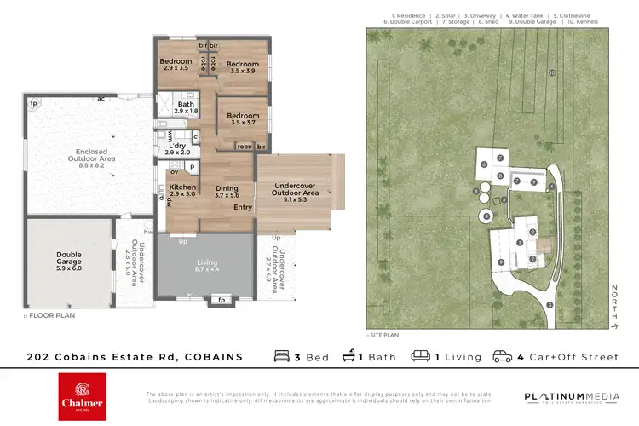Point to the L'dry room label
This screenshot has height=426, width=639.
point(178,148)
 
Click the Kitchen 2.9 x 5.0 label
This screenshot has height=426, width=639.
point(183,191)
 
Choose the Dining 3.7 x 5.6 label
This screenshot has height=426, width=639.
point(227,192)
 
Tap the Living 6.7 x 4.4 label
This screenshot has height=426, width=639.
point(207,267)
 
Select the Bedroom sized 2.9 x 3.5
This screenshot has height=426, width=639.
point(176,64)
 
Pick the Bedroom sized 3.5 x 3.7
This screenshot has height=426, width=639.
point(242,119)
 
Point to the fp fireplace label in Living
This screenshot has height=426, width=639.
point(221,300)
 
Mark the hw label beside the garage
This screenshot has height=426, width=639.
point(148,231)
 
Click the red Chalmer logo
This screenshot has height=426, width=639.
point(82,396)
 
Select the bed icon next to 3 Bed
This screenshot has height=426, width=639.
point(282,356)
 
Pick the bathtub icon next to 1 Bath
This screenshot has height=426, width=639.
point(348,356)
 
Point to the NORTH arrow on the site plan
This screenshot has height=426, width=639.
point(613,307)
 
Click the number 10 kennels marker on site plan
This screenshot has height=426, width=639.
point(552,73)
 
